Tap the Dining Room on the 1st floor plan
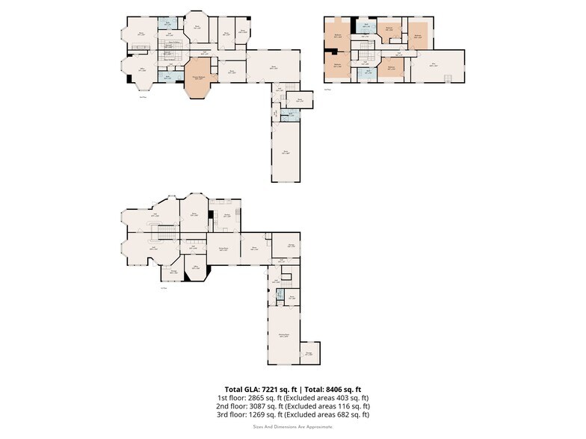coord(223,249)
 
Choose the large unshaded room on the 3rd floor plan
coord(437,66)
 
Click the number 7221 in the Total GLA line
coord(270,389)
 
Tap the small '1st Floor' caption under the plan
coord(164,287)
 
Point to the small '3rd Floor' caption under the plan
coord(327,89)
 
